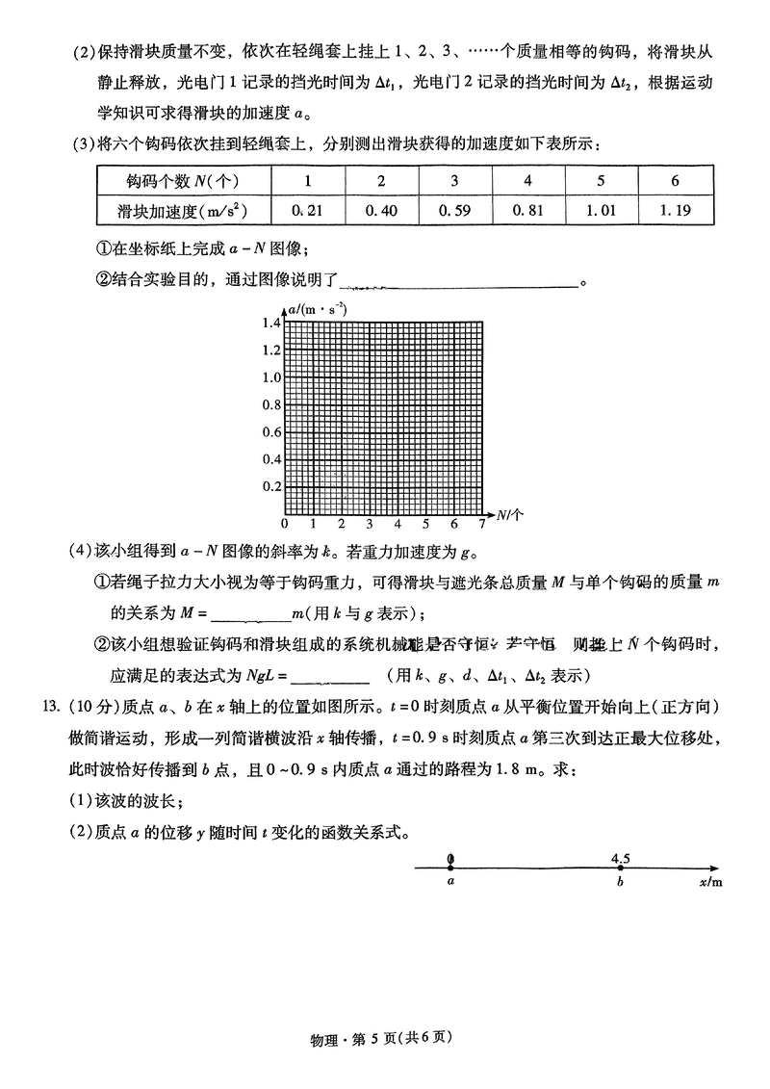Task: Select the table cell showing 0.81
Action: (x=528, y=209)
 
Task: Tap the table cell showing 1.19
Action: (x=677, y=209)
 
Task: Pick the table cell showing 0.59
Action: (x=454, y=209)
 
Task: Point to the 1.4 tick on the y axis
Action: (x=270, y=323)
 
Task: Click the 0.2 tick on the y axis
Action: (x=270, y=487)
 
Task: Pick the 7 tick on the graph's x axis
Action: (x=482, y=525)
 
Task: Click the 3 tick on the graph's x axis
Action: (x=370, y=525)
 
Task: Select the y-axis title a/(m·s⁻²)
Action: (x=317, y=310)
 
